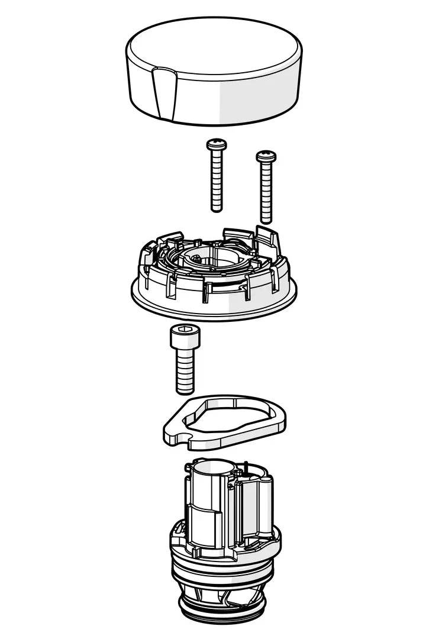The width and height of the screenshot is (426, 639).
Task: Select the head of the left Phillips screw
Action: pos(215,144)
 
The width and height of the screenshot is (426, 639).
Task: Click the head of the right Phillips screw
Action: pos(266,156)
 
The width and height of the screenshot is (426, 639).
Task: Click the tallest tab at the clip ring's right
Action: pos(270,237)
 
